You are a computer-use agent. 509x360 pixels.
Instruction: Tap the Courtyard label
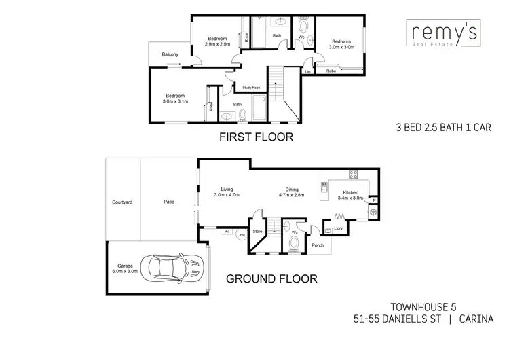coord(122,202)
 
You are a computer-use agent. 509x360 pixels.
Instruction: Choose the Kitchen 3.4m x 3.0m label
coord(351,196)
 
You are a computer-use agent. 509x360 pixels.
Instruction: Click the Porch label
coord(317,245)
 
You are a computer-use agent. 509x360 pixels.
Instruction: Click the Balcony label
coord(170,54)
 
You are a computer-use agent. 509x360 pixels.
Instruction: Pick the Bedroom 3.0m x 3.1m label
coord(175,98)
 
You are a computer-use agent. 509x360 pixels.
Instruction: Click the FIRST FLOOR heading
coord(255,137)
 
